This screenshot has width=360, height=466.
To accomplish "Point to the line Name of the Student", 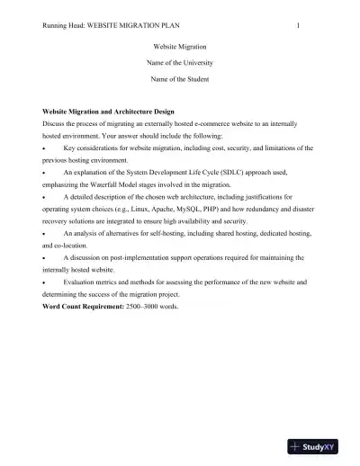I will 179,80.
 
